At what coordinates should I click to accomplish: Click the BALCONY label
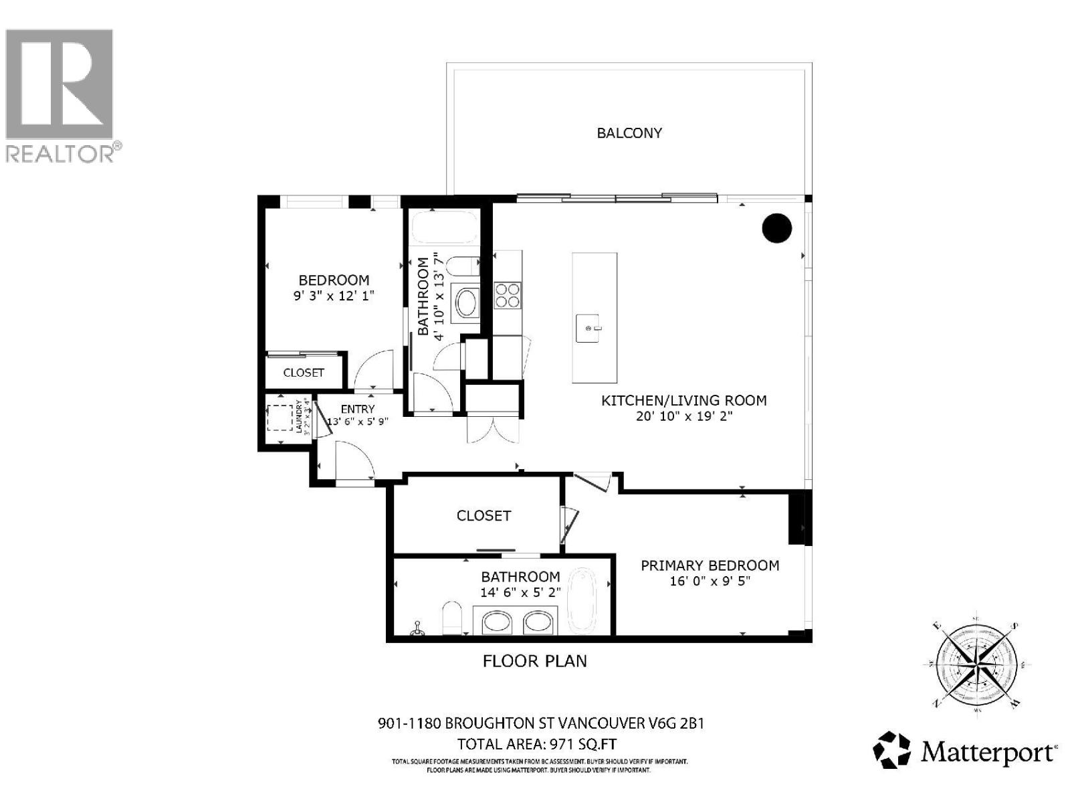pyautogui.click(x=629, y=132)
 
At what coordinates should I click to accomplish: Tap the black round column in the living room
pyautogui.click(x=777, y=228)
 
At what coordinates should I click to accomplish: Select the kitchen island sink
pyautogui.click(x=589, y=328)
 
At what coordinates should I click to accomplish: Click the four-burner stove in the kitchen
pyautogui.click(x=508, y=295)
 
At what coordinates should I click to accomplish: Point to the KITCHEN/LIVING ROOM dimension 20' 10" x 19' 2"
pyautogui.click(x=683, y=416)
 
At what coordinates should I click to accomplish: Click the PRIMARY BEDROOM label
pyautogui.click(x=710, y=565)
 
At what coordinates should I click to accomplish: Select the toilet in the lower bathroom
pyautogui.click(x=452, y=616)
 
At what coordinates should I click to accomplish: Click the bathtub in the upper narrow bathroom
pyautogui.click(x=444, y=228)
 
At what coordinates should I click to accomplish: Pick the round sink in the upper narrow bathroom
pyautogui.click(x=466, y=302)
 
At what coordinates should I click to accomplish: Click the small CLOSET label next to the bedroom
pyautogui.click(x=304, y=373)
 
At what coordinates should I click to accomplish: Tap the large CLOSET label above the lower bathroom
pyautogui.click(x=484, y=515)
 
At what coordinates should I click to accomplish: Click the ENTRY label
pyautogui.click(x=358, y=409)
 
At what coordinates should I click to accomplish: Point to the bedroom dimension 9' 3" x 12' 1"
pyautogui.click(x=334, y=295)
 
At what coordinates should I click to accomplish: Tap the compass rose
pyautogui.click(x=976, y=664)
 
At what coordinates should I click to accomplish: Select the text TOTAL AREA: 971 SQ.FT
pyautogui.click(x=536, y=744)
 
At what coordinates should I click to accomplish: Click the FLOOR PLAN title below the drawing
pyautogui.click(x=535, y=661)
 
